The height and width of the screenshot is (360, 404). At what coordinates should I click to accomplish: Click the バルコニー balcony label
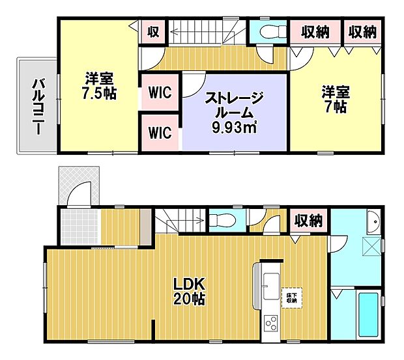pos(37,105)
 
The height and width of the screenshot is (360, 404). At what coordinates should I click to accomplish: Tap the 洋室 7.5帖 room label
pos(100,86)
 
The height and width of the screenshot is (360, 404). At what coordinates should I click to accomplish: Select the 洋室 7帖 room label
pos(333,99)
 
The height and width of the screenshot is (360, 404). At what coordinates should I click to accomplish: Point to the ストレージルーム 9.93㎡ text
pos(234,112)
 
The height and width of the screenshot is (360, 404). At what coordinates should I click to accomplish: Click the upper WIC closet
pos(160,92)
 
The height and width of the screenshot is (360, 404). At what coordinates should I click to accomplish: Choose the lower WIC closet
pos(160,133)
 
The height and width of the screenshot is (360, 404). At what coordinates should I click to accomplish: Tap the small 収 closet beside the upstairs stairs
pos(152,31)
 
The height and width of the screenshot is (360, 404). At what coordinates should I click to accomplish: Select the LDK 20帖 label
pos(189,291)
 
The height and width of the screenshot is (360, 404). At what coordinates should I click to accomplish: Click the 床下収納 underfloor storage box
pos(291,298)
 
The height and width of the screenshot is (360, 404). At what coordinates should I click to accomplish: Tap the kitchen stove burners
pos(270,322)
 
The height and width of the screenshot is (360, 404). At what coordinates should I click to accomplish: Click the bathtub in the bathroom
pos(369,314)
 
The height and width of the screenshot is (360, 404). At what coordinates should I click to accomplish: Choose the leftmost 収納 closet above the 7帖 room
pos(315,31)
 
